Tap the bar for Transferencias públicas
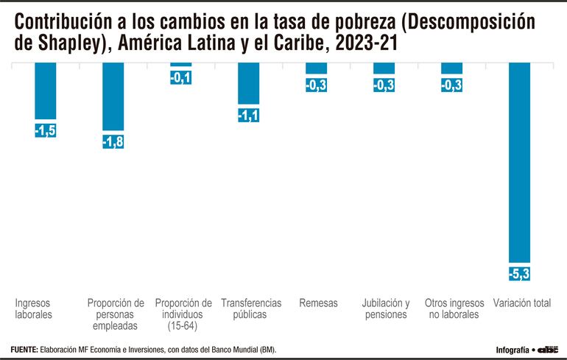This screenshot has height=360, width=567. (x=249, y=83)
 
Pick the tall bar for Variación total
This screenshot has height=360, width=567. (x=520, y=162)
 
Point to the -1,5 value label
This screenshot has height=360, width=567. (x=46, y=130)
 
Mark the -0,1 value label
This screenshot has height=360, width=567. (x=181, y=77)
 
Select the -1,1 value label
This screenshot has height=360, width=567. (x=249, y=115)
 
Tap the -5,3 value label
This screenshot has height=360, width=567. (x=520, y=274)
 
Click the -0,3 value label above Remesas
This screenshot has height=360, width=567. (x=317, y=85)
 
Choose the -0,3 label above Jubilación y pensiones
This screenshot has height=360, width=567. (x=384, y=85)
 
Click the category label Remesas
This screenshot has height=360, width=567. (x=318, y=303)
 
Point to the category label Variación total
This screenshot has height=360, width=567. (x=522, y=303)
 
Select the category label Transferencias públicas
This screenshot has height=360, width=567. (x=251, y=308)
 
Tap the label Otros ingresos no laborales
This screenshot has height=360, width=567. (x=454, y=308)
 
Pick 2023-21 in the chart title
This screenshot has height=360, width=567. (x=366, y=43)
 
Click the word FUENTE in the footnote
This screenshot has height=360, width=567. (x=25, y=349)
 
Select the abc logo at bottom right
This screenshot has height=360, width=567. (x=549, y=349)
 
